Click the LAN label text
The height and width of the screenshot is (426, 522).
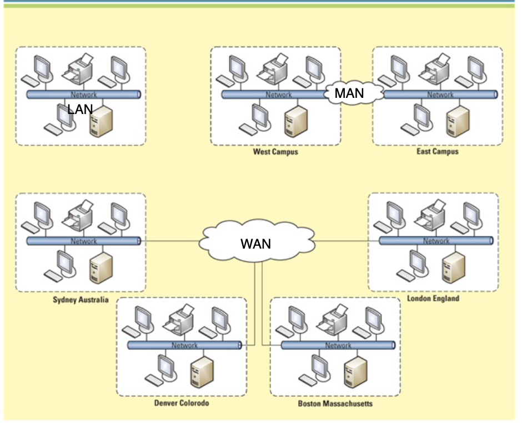(80, 110)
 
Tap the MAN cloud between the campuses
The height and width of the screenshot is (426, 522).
(349, 93)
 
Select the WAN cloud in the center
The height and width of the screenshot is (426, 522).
(256, 244)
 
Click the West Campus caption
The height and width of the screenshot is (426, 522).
(275, 152)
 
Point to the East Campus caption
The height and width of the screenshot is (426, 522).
(438, 151)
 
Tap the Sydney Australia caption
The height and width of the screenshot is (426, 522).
(81, 300)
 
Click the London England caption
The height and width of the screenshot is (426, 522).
(433, 299)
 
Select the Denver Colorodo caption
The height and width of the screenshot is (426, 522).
(182, 403)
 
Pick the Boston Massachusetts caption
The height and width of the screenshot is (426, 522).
(335, 404)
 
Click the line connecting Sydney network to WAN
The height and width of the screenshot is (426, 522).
(169, 241)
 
